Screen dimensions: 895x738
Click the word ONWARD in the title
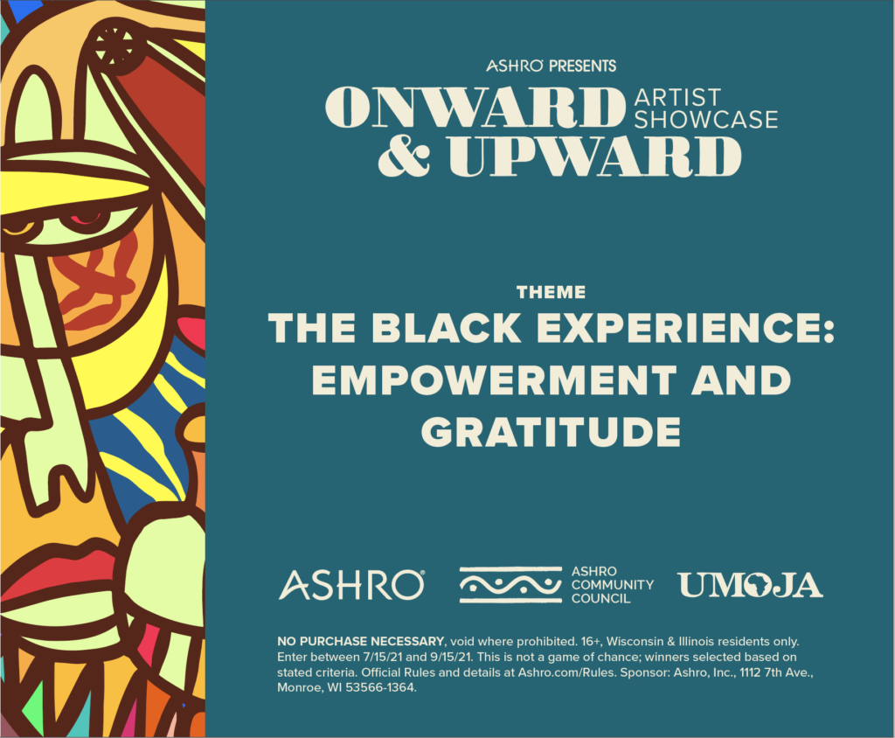coord(475,107)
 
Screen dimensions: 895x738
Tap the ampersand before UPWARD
coord(404,156)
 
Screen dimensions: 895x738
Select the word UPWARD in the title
coord(594,157)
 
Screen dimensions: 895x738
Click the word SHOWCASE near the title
coord(706,120)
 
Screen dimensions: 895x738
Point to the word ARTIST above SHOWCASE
coord(677,98)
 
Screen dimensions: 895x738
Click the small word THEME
coord(551,292)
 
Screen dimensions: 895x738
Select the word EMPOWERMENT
coord(495,379)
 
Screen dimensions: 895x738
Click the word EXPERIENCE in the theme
coord(685,328)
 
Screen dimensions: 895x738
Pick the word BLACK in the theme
coord(446,328)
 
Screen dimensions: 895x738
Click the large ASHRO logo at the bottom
coord(351,585)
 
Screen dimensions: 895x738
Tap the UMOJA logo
coord(751,585)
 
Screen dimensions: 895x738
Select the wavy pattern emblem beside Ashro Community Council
coord(510,585)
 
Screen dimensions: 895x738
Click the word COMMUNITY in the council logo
coord(613,585)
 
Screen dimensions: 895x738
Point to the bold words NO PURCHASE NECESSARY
coord(361,642)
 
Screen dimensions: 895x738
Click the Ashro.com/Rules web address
coord(566,672)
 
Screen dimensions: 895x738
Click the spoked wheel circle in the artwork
coord(114,45)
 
